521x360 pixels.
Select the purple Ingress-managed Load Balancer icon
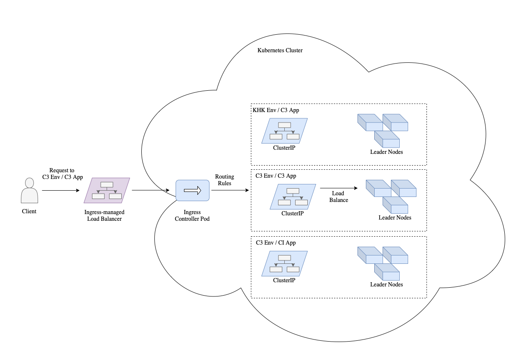pyautogui.click(x=107, y=191)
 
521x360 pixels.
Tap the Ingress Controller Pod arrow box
pyautogui.click(x=192, y=191)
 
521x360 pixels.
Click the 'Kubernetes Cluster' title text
pyautogui.click(x=280, y=50)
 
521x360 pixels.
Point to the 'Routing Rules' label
pyautogui.click(x=225, y=180)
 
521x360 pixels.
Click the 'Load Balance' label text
pyautogui.click(x=338, y=197)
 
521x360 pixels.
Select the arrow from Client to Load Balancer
pyautogui.click(x=61, y=191)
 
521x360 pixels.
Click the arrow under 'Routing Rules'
pyautogui.click(x=230, y=191)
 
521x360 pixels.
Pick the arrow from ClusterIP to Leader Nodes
pyautogui.click(x=339, y=188)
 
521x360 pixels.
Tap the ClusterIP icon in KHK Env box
pyautogui.click(x=284, y=131)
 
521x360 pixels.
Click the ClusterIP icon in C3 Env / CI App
pyautogui.click(x=284, y=263)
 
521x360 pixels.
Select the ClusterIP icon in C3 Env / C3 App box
pyautogui.click(x=293, y=197)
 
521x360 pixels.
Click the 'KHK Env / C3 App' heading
pyautogui.click(x=276, y=110)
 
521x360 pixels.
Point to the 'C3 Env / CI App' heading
pyautogui.click(x=276, y=243)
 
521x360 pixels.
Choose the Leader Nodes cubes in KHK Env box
pyautogui.click(x=383, y=130)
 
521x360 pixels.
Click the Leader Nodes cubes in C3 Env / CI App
pyautogui.click(x=383, y=263)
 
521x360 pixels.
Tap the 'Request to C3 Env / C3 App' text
pyautogui.click(x=62, y=174)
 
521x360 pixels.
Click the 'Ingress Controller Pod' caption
pyautogui.click(x=192, y=216)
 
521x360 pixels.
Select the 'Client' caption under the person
pyautogui.click(x=29, y=212)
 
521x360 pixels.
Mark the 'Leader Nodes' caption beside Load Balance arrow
pyautogui.click(x=395, y=217)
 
